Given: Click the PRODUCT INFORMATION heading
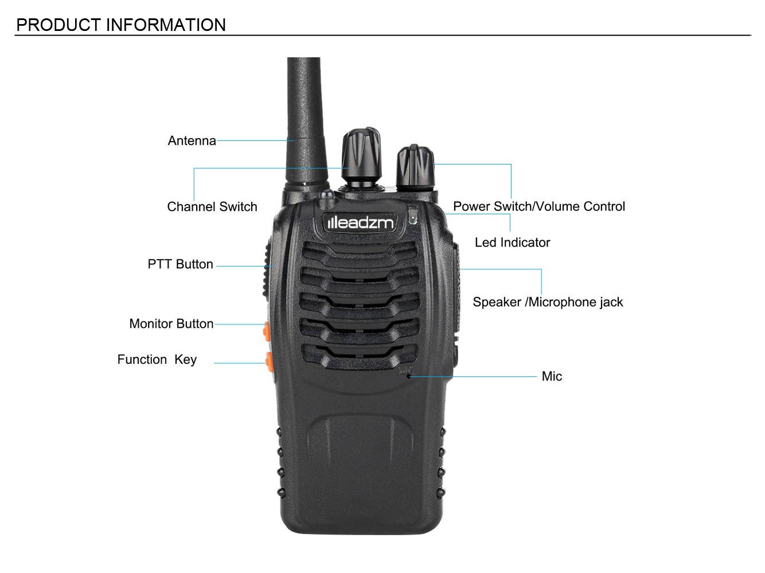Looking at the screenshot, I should tap(121, 25).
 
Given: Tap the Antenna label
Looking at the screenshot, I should tap(192, 141).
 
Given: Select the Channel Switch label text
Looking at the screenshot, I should tap(212, 207).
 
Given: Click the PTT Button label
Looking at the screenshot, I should tap(180, 264).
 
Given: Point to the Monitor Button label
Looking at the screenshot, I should tap(171, 324).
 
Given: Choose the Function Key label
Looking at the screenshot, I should tap(157, 360).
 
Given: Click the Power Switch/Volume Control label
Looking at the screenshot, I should tap(538, 206).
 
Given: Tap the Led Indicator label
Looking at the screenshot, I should tap(512, 242).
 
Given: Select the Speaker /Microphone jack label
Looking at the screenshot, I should tap(547, 302).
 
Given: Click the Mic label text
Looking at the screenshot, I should tap(551, 376).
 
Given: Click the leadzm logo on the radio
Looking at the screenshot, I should tap(360, 222).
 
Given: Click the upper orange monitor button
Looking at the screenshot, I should tap(266, 331).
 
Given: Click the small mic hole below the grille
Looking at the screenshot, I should tap(408, 376).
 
